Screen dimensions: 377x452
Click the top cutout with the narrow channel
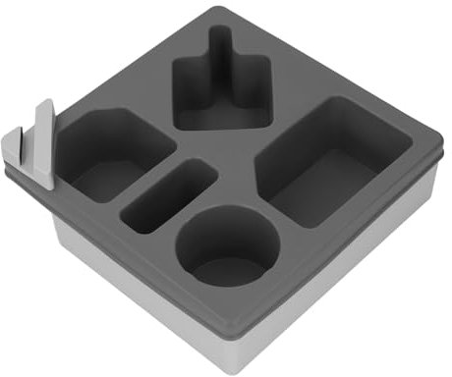(220, 93)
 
